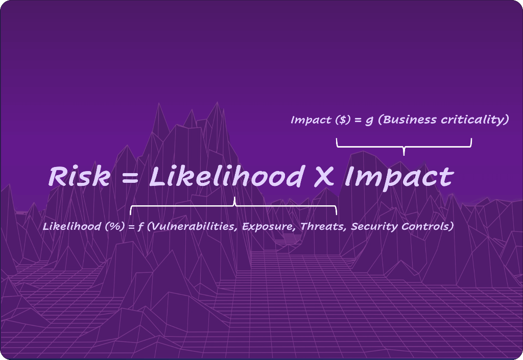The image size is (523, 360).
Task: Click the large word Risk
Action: [79, 176]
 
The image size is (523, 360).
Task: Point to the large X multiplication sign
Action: [323, 176]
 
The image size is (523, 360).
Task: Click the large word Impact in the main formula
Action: [398, 178]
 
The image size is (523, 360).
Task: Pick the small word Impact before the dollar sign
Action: [311, 121]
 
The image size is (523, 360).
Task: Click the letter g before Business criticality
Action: [369, 121]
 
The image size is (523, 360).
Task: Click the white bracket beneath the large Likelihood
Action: [233, 206]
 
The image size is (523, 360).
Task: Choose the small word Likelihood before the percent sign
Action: [72, 226]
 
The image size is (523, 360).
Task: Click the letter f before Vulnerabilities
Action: [140, 227]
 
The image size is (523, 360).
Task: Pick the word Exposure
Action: [268, 227]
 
